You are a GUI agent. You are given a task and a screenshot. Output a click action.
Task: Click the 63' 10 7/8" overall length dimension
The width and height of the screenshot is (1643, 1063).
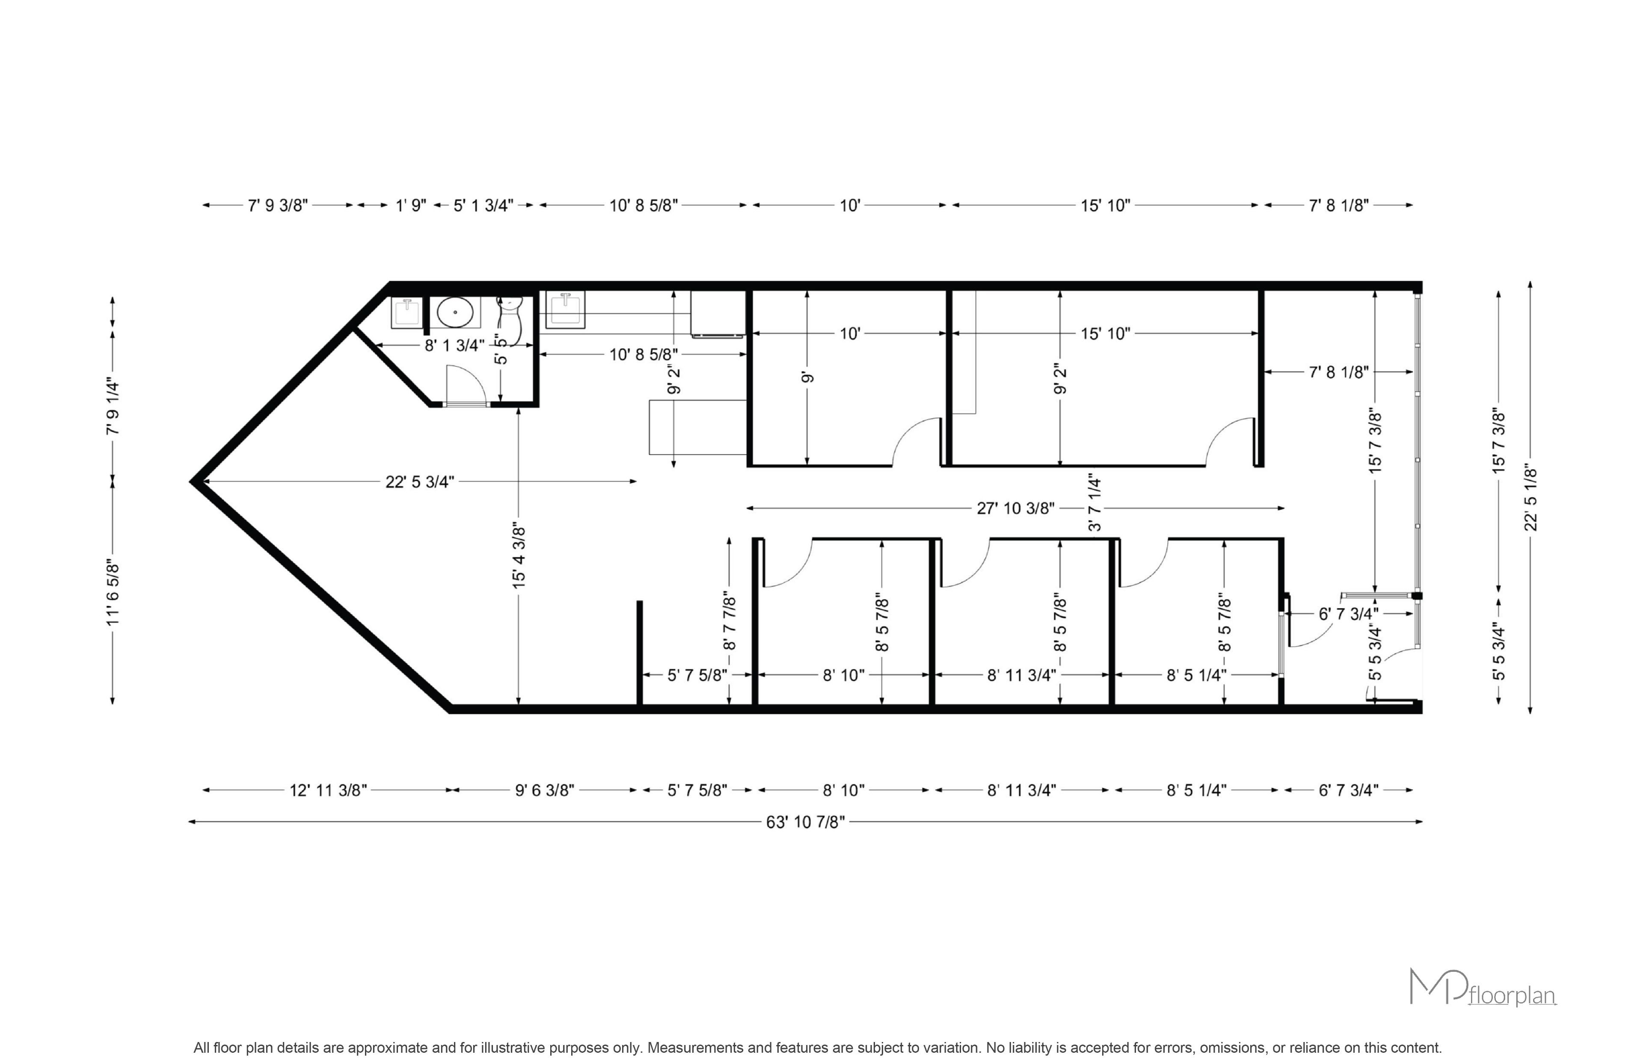(x=805, y=822)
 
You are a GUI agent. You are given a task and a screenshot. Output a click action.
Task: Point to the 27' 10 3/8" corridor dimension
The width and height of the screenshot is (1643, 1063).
(x=1015, y=509)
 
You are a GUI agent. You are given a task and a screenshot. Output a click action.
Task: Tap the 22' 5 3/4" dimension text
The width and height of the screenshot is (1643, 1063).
(x=420, y=482)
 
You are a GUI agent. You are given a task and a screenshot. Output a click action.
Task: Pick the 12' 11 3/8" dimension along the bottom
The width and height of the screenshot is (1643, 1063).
(x=328, y=790)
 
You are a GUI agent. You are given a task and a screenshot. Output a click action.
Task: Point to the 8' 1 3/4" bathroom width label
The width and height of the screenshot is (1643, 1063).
(x=454, y=345)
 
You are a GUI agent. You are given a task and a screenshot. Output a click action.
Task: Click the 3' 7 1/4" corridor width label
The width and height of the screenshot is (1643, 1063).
(x=1094, y=502)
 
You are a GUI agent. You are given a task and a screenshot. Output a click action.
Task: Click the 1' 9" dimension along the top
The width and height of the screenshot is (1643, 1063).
(x=411, y=206)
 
